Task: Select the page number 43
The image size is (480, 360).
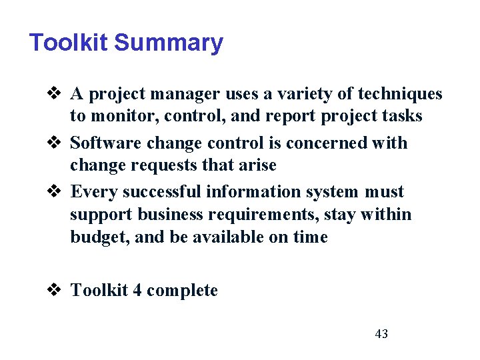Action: (x=381, y=334)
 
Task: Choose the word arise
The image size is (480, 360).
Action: (x=254, y=165)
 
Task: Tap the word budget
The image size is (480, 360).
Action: (x=99, y=237)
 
